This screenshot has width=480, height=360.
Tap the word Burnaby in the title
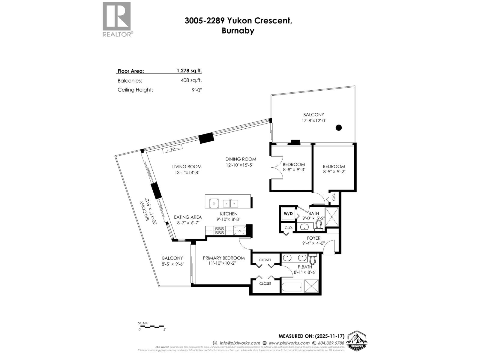tap(238, 31)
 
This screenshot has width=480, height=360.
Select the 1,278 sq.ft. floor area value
tap(189, 71)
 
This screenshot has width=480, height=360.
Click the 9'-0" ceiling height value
tap(197, 90)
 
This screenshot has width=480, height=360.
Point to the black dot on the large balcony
tap(338, 128)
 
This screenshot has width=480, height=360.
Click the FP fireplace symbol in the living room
tap(172, 149)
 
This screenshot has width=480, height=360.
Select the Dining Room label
tap(241, 159)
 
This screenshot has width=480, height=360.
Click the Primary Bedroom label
tap(223, 258)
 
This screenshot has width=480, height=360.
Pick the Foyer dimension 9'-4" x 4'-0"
tap(313, 243)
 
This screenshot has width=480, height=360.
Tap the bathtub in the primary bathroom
tap(292, 287)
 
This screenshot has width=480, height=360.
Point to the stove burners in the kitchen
tap(219, 230)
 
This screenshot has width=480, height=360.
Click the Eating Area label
tap(188, 217)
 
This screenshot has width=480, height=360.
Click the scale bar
tap(151, 326)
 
